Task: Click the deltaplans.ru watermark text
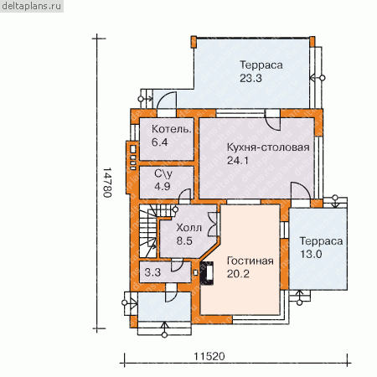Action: coord(31,6)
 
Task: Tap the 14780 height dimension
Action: coord(107,183)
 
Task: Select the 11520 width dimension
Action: coord(209,356)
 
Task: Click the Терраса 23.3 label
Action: coord(261,71)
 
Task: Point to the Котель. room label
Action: coord(172,129)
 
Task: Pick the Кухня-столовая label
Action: coord(268,147)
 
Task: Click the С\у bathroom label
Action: coord(163,173)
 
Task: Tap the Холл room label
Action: coord(188,228)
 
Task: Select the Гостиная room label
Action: coord(250,261)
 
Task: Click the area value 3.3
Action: coord(152,272)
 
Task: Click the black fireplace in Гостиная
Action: coord(207,273)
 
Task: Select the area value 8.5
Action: coord(184,240)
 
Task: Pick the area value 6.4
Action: coord(159,142)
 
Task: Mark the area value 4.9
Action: coord(163,186)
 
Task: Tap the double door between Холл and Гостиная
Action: coord(213,225)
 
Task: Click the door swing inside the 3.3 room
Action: coord(177,266)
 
